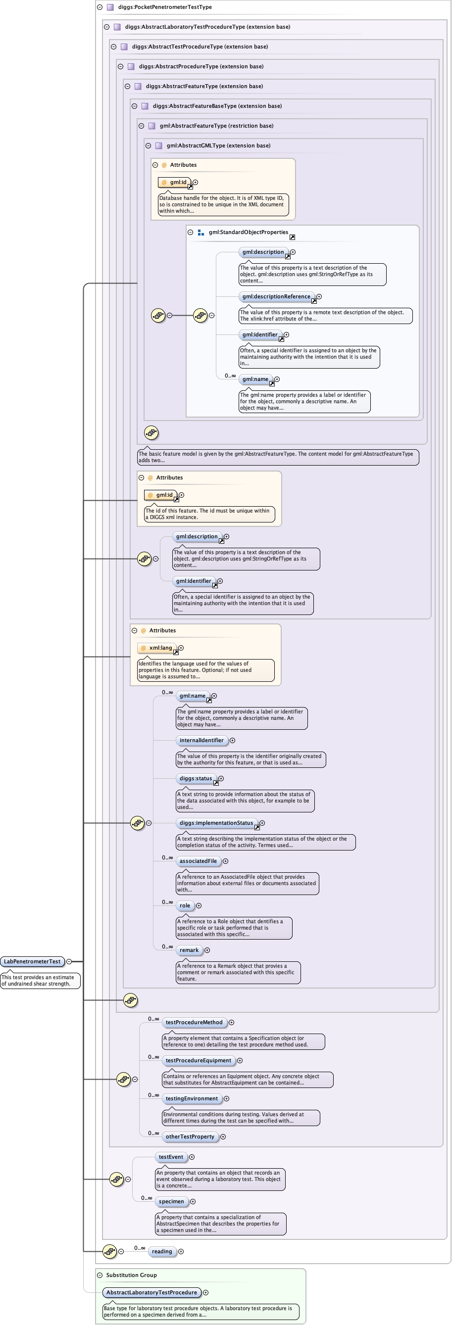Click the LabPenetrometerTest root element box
pyautogui.click(x=32, y=961)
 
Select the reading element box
pyautogui.click(x=162, y=1251)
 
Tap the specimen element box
pyautogui.click(x=171, y=1201)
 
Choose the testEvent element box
pyautogui.click(x=170, y=1157)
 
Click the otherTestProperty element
pyautogui.click(x=190, y=1137)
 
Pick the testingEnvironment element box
pyautogui.click(x=192, y=1099)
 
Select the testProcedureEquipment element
pyautogui.click(x=198, y=1061)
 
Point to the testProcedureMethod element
pyautogui.click(x=194, y=1023)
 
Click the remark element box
pyautogui.click(x=189, y=950)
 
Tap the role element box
pyautogui.click(x=184, y=906)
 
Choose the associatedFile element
pyautogui.click(x=198, y=861)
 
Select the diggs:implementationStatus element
pyautogui.click(x=216, y=823)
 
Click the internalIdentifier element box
pyautogui.click(x=201, y=741)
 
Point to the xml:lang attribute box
pyautogui.click(x=160, y=648)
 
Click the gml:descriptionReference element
pyautogui.click(x=276, y=297)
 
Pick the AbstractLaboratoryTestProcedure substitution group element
pyautogui.click(x=151, y=1293)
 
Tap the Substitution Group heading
pyautogui.click(x=131, y=1275)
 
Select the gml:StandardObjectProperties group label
pyautogui.click(x=248, y=233)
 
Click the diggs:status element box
pyautogui.click(x=196, y=779)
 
